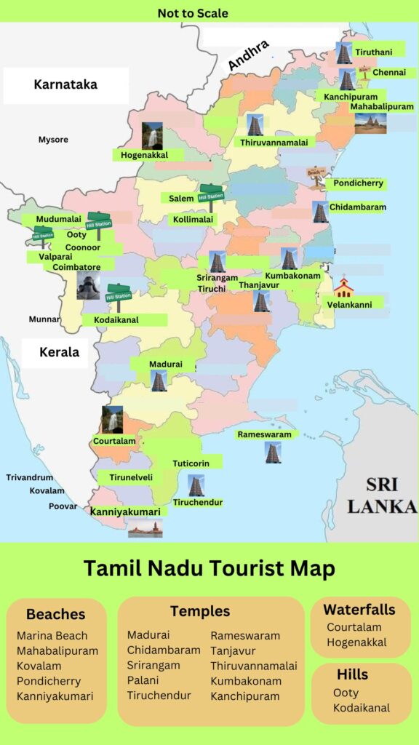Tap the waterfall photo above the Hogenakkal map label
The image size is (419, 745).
click(x=152, y=136)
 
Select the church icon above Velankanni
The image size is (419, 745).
click(x=343, y=287)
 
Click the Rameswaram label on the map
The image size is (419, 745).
click(x=264, y=434)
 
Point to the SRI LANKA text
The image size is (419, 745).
click(x=381, y=495)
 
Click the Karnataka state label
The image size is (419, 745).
click(x=65, y=85)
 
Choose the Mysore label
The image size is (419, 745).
click(x=53, y=139)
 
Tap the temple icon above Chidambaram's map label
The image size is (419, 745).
click(x=320, y=212)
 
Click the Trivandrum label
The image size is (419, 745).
click(x=30, y=477)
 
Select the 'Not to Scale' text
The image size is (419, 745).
click(x=193, y=13)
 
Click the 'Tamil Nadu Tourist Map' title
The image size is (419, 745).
click(x=209, y=568)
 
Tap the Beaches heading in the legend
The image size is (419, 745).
click(x=56, y=614)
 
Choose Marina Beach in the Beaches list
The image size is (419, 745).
click(x=52, y=636)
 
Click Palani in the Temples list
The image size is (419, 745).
click(x=143, y=680)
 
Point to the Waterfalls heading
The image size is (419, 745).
click(x=359, y=610)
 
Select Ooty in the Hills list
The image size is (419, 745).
click(x=346, y=693)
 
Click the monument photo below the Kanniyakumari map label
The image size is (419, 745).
click(x=145, y=528)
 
